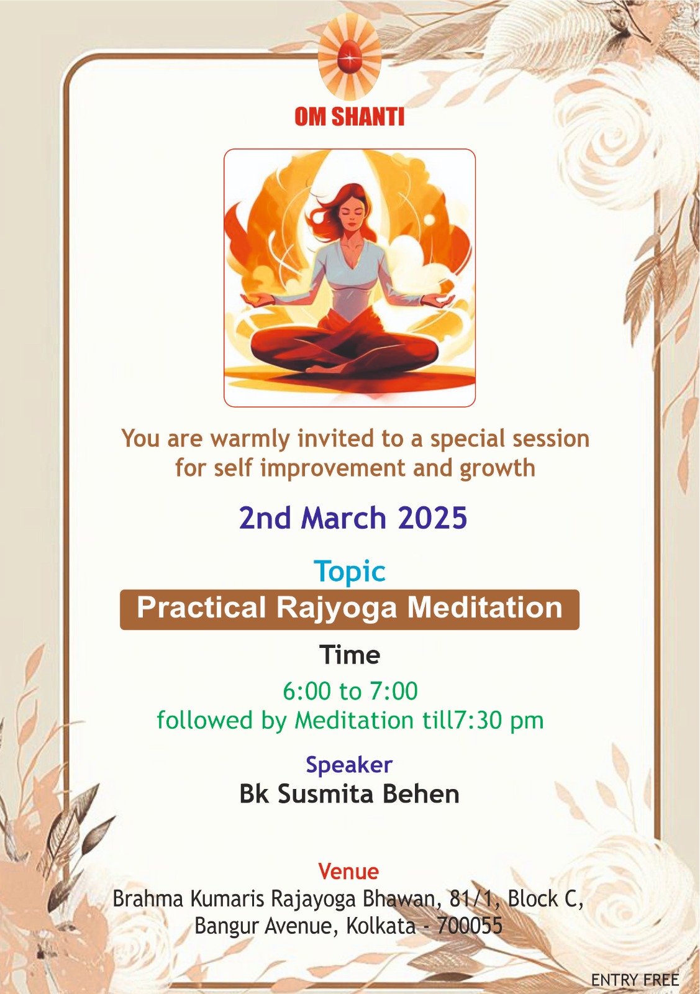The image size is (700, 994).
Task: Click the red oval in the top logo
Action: tap(350, 57)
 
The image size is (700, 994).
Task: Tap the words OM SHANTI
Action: tap(350, 117)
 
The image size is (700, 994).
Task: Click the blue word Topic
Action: tap(350, 572)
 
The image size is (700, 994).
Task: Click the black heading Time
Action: tap(350, 655)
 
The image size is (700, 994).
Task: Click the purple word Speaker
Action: tap(349, 765)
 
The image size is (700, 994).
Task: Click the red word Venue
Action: tap(348, 872)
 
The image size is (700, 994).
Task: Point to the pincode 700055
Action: tap(470, 926)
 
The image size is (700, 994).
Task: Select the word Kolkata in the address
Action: tap(381, 926)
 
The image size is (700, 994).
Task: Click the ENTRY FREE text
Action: tap(635, 980)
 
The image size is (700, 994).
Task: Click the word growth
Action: tap(498, 469)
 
